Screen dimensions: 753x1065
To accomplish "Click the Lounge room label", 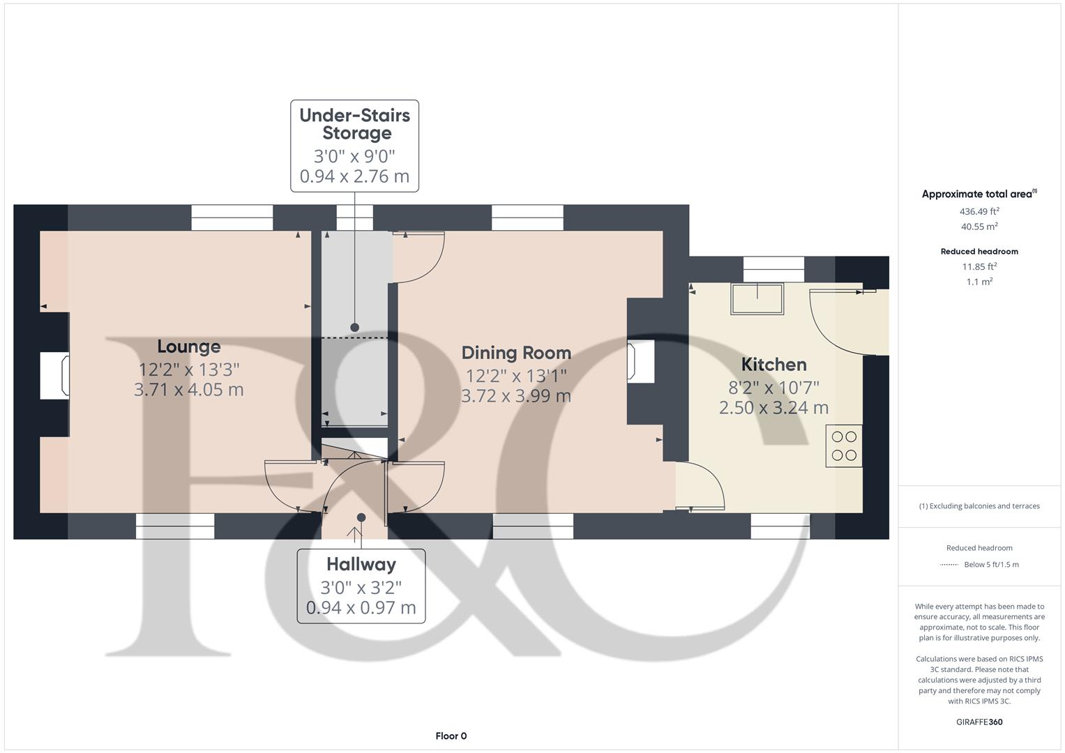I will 188,347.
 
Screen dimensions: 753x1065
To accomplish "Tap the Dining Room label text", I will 516,353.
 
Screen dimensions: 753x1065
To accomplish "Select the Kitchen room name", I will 773,364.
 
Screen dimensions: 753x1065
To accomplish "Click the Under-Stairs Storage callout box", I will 354,145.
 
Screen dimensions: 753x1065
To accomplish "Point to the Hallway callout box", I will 361,586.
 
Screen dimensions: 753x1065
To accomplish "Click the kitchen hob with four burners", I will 844,446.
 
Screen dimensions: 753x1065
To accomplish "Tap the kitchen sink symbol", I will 757,298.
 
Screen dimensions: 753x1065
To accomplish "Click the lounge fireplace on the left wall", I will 54,376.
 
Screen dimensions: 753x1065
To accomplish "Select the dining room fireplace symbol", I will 640,361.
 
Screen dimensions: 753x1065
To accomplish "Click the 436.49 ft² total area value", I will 979,211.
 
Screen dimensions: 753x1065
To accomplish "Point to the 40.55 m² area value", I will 979,227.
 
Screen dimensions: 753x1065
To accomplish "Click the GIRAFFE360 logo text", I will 979,722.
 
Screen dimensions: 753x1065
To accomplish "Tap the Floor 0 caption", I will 451,736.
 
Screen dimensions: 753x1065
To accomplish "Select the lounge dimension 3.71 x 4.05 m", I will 188,389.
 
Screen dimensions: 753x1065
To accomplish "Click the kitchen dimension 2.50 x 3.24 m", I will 773,407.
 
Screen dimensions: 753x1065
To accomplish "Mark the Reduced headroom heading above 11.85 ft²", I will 979,251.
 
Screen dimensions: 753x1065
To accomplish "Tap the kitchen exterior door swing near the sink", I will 837,321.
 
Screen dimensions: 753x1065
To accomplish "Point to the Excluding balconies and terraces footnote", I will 979,506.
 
